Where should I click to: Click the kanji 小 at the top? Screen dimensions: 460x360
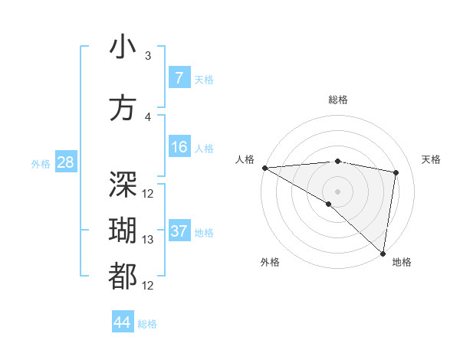pos(123,47)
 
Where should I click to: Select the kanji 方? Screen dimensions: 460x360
pos(123,109)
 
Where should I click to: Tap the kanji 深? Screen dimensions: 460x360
pos(123,184)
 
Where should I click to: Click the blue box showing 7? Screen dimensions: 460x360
pos(179,77)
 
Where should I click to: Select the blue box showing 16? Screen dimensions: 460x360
pos(179,146)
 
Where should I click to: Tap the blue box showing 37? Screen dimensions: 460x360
pos(179,231)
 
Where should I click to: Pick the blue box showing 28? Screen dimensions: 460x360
pos(64,162)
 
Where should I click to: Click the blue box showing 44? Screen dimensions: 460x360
pos(122,322)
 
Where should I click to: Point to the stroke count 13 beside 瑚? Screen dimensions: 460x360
pos(148,240)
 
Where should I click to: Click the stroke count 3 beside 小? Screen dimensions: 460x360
pos(148,56)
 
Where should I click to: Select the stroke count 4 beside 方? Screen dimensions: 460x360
pos(148,117)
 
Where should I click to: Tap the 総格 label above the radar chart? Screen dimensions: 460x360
pos(337,100)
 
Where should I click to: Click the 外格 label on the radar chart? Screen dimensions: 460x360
pos(270,262)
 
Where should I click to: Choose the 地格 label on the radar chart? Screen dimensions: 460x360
pos(402,262)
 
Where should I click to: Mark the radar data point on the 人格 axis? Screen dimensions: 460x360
pos(264,168)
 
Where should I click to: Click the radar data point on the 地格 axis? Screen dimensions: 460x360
pos(383,253)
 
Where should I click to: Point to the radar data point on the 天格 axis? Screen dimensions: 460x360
pos(396,172)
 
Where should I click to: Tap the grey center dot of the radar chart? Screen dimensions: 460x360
pos(337,190)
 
